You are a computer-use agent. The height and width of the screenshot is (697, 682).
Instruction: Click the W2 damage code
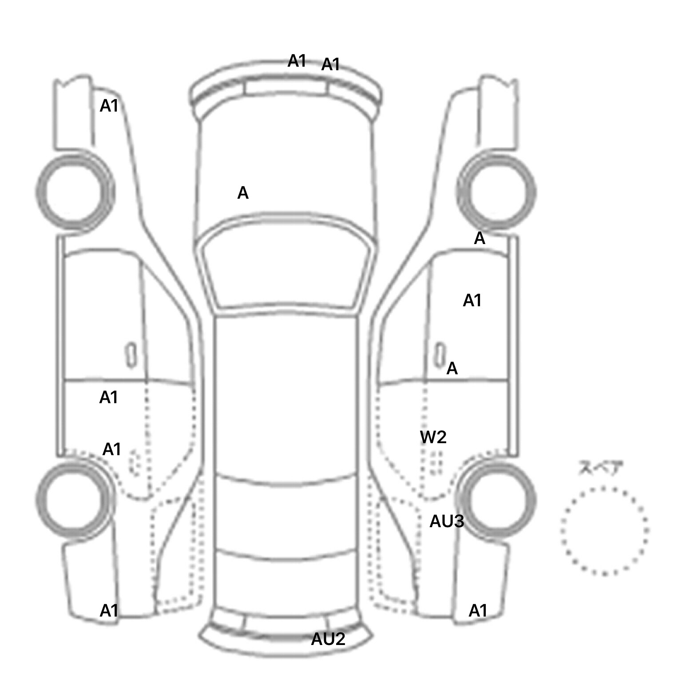pos(433,437)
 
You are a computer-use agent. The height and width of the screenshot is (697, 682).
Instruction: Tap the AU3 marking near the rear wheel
pos(447,521)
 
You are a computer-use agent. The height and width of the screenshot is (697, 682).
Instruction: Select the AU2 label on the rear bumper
pos(328,639)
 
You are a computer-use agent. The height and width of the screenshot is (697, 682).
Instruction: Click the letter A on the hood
pos(243,193)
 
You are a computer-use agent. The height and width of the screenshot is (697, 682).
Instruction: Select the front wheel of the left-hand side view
pos(75,192)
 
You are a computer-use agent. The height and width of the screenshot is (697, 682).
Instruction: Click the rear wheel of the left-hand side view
pos(75,498)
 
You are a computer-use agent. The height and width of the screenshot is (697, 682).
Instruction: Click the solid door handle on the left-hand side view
pos(131,355)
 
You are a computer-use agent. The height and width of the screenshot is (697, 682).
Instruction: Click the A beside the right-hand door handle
pos(452,369)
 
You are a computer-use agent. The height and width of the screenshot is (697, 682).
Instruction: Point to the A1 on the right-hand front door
pos(472,301)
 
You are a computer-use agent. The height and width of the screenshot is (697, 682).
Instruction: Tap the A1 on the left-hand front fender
pos(109,106)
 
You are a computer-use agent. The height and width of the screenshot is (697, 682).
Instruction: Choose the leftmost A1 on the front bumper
pos(297,61)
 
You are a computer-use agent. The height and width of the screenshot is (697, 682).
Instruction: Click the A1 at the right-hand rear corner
pos(478,611)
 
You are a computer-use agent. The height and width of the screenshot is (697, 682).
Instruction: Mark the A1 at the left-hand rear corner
pos(109,611)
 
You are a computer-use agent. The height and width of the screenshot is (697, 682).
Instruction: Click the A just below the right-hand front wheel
pos(480,239)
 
